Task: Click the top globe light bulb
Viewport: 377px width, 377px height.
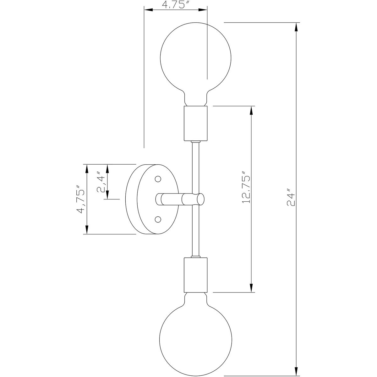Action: (x=195, y=60)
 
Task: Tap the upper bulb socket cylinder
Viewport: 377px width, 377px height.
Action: (x=195, y=123)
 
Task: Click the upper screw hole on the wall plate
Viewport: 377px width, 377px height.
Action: (x=158, y=179)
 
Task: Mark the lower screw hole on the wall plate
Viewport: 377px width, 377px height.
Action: (x=158, y=218)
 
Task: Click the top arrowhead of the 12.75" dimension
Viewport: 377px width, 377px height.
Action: (x=251, y=111)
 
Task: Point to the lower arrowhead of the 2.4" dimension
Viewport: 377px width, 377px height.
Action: (x=107, y=195)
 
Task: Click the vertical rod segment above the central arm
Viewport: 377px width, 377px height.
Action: (x=195, y=167)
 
